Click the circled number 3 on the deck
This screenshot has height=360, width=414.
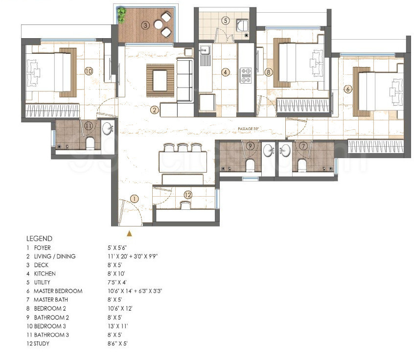(x=145, y=24)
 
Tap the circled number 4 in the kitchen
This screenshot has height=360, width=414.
(x=225, y=72)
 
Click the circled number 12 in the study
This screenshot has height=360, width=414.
(x=187, y=195)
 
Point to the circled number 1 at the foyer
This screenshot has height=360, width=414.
(x=135, y=199)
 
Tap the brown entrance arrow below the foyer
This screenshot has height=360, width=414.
(x=129, y=233)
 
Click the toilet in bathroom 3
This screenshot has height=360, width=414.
(x=90, y=143)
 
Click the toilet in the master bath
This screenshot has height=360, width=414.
(x=302, y=165)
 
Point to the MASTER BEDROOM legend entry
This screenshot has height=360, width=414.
(x=58, y=291)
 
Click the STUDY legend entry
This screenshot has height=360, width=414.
(x=42, y=344)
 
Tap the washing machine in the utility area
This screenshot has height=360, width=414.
(x=241, y=24)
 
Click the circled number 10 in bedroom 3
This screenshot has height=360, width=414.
(x=88, y=71)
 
